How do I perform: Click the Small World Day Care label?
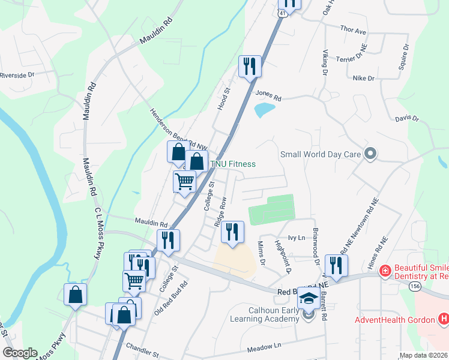321,154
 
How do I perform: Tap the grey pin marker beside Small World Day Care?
370,154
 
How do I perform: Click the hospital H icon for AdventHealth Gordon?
444,319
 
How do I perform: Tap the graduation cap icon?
309,298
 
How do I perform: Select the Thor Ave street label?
353,30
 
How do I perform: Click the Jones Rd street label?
268,94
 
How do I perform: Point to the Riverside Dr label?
17,76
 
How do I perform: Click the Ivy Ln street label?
297,238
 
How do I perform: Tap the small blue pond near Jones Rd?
264,110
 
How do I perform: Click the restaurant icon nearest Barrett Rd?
336,266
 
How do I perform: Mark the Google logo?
20,353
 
